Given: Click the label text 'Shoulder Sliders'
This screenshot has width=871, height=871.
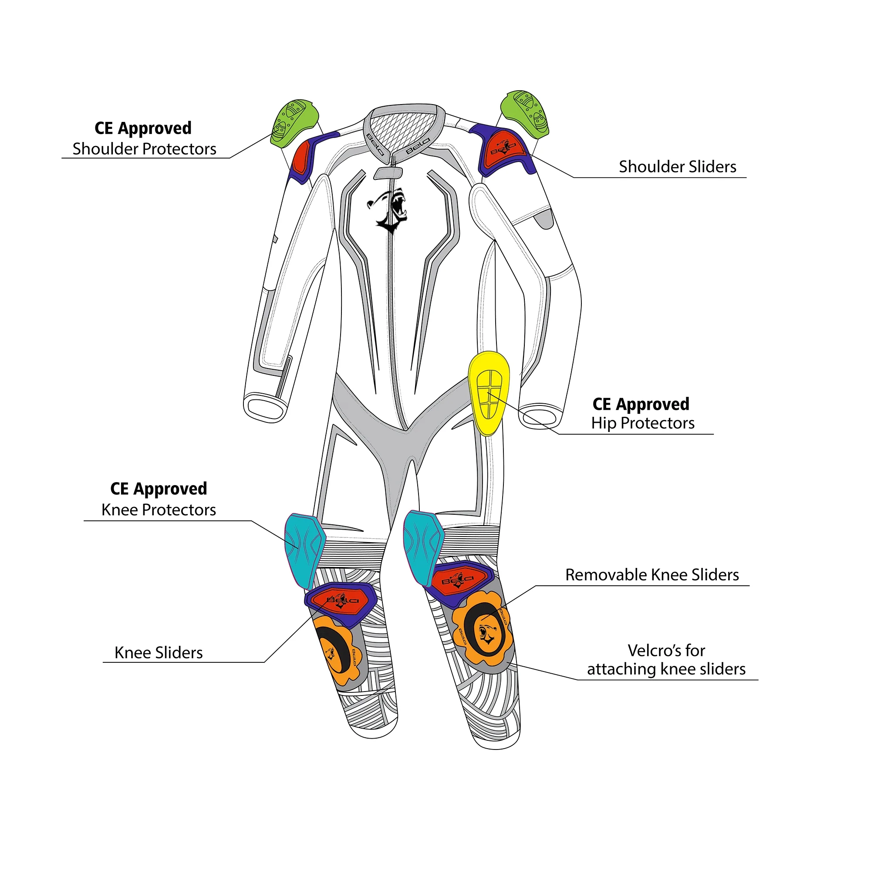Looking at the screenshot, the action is point(677,167).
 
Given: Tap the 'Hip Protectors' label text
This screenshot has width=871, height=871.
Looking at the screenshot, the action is point(642,423).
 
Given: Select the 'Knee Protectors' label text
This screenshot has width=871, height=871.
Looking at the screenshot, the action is point(158,510).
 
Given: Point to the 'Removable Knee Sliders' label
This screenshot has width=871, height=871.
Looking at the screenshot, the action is point(652,575).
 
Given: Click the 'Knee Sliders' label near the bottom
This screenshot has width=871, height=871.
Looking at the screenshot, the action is point(158,652).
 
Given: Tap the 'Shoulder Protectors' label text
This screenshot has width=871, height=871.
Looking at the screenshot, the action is point(144,149).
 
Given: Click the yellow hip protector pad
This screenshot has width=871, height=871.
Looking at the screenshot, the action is point(488,393).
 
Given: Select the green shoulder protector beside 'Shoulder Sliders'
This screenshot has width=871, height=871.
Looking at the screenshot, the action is point(524,114).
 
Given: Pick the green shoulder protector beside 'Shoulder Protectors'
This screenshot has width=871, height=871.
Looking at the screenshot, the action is point(294,123).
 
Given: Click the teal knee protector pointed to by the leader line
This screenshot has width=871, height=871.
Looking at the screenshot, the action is point(304,550).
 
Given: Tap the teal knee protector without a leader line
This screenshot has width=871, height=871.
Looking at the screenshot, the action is point(422,548).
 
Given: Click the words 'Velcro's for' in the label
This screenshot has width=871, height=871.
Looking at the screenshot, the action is point(666,651).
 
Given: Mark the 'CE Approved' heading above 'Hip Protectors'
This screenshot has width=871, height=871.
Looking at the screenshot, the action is point(641,404).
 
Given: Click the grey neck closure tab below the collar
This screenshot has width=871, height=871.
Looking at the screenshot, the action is point(388,173).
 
